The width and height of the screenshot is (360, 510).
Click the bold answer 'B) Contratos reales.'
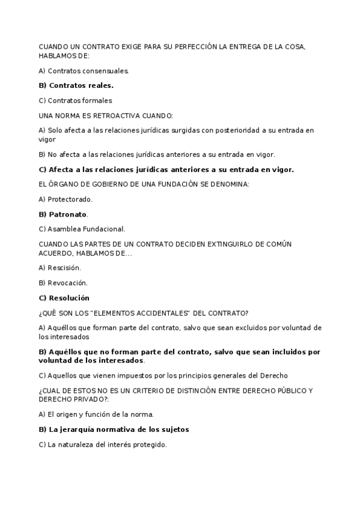pos(76,85)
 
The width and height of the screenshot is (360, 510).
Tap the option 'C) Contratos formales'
pos(75,100)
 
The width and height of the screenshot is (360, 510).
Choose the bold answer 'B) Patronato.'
pos(63,214)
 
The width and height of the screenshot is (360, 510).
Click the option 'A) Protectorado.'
pos(66,198)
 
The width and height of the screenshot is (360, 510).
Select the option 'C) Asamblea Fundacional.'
pos(82,229)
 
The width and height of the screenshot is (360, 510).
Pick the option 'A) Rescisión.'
pos(59,267)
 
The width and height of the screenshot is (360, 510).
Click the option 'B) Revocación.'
pos(63,282)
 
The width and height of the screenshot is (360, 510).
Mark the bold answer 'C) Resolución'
pos(64,298)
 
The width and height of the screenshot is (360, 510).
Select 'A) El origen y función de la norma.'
pos(96,414)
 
